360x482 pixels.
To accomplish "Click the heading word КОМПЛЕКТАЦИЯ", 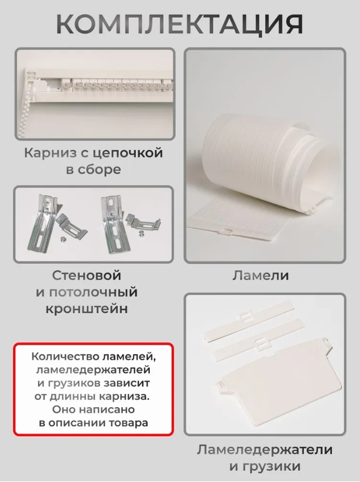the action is click(180, 23).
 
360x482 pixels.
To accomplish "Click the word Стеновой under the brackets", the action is click(86, 275).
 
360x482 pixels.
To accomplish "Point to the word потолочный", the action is click(93, 292).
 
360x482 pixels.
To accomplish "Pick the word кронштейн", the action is click(87, 309).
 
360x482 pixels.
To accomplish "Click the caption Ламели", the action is click(260, 275).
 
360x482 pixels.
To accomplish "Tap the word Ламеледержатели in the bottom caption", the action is click(264, 450).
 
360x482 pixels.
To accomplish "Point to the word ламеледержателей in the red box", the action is click(93, 370).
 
